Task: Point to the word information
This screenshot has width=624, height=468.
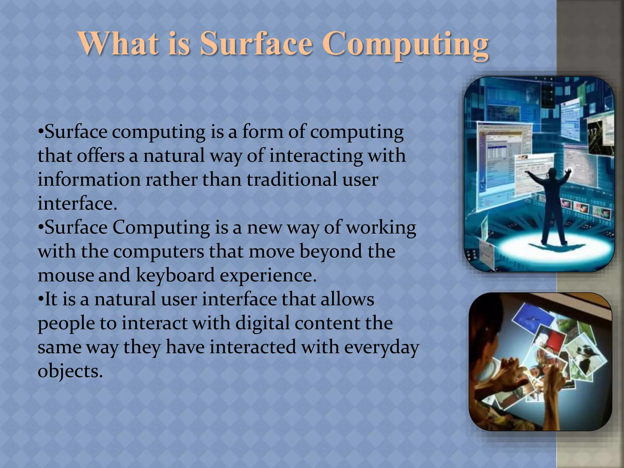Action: pyautogui.click(x=89, y=179)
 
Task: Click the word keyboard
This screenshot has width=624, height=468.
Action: pyautogui.click(x=175, y=275)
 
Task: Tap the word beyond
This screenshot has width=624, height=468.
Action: pyautogui.click(x=331, y=251)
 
